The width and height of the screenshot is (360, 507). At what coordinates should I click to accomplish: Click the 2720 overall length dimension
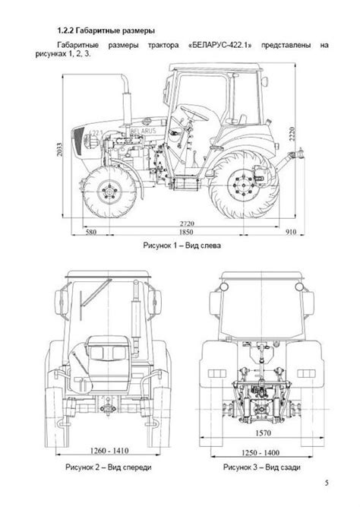click(187, 223)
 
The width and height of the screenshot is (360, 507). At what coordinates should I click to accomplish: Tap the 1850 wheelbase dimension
click(186, 232)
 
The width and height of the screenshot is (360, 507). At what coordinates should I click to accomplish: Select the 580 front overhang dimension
click(91, 232)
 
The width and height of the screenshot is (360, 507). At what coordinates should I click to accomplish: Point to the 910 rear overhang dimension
click(291, 232)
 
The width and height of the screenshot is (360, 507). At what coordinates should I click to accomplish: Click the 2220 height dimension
click(292, 135)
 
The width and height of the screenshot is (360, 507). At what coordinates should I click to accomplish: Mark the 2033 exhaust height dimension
click(59, 150)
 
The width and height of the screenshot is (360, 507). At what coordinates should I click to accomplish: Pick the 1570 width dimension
click(263, 433)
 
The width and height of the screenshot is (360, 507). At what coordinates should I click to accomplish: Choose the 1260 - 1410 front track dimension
click(109, 451)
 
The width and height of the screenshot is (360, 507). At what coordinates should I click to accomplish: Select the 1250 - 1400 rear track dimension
click(261, 453)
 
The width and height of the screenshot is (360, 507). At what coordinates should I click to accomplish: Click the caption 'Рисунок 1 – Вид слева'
click(182, 246)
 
